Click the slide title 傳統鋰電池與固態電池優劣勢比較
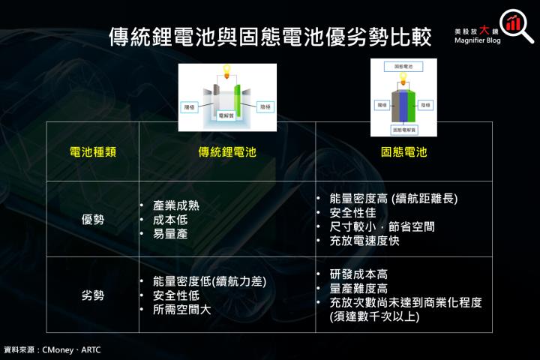tap(270, 36)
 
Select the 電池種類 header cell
tap(92, 151)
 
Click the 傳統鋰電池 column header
tap(227, 151)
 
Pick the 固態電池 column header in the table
tap(404, 151)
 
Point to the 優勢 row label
tap(92, 219)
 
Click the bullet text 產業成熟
tap(176, 205)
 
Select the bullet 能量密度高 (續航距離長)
tap(393, 199)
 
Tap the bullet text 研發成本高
tap(358, 274)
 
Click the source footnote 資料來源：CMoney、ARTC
tap(52, 349)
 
